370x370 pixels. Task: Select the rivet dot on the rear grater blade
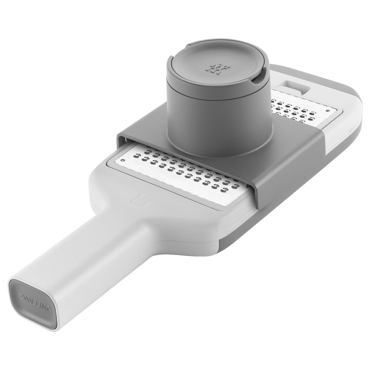click(x=327, y=111)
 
